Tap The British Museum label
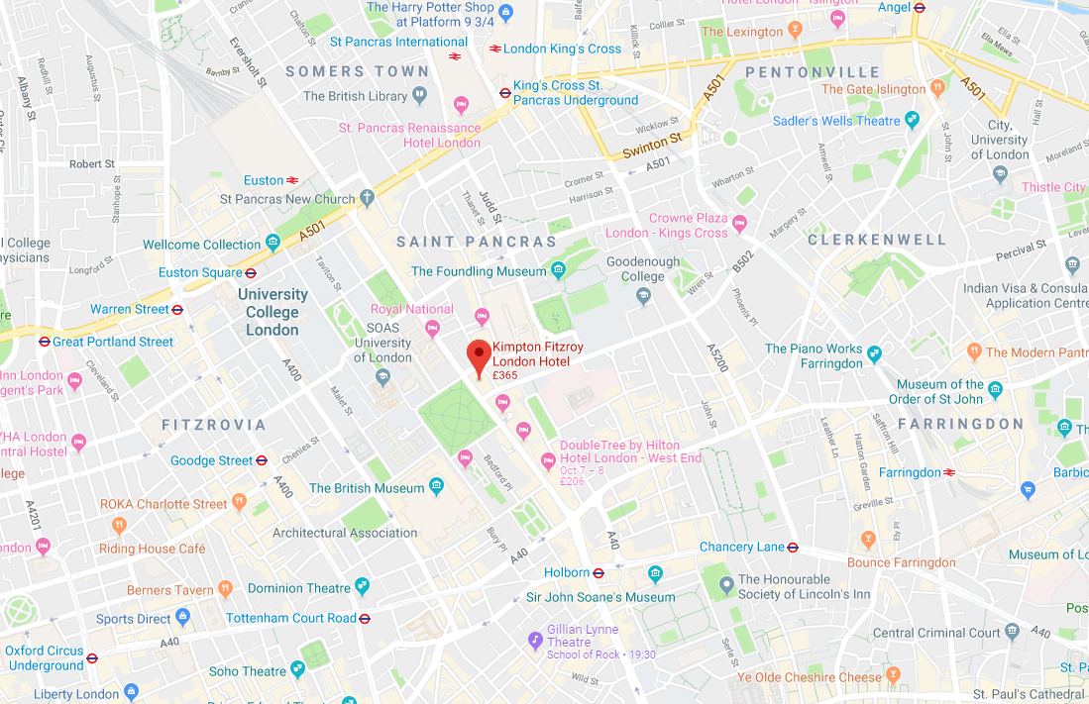pos(367,488)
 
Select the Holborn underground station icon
pos(599,572)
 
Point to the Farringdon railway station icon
pos(949,472)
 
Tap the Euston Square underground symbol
pos(251,272)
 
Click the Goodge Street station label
pos(211,460)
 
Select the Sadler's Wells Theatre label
pos(836,121)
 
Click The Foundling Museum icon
pos(559,270)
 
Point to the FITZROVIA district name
pos(214,425)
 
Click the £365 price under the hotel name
pos(505,375)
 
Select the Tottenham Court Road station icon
pos(365,618)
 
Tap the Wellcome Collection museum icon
pos(272,245)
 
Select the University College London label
pos(272,312)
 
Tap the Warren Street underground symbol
pos(177,309)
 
